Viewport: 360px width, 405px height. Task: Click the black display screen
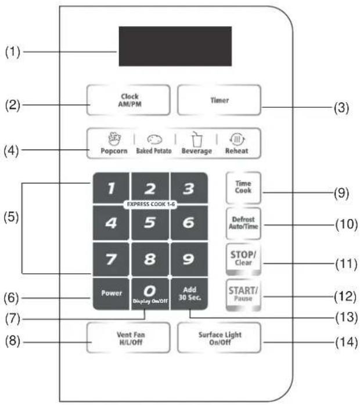[175, 46]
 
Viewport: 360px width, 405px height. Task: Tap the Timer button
[219, 100]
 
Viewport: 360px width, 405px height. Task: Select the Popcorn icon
[114, 139]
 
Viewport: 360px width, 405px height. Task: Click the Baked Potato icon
[154, 139]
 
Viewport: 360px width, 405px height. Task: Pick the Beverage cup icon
[197, 139]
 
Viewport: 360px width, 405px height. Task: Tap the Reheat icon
[237, 139]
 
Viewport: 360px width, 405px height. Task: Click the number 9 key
[189, 259]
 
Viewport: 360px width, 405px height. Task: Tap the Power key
[111, 294]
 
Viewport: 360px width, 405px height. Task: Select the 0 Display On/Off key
[150, 294]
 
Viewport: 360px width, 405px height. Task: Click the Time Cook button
[243, 187]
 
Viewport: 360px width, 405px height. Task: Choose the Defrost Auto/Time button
[243, 223]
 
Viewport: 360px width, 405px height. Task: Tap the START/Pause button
[243, 295]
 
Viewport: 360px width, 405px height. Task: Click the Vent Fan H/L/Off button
[128, 338]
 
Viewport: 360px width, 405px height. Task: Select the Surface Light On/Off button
[219, 338]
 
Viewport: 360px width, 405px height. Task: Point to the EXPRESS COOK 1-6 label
[150, 204]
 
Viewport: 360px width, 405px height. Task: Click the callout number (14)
[346, 342]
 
